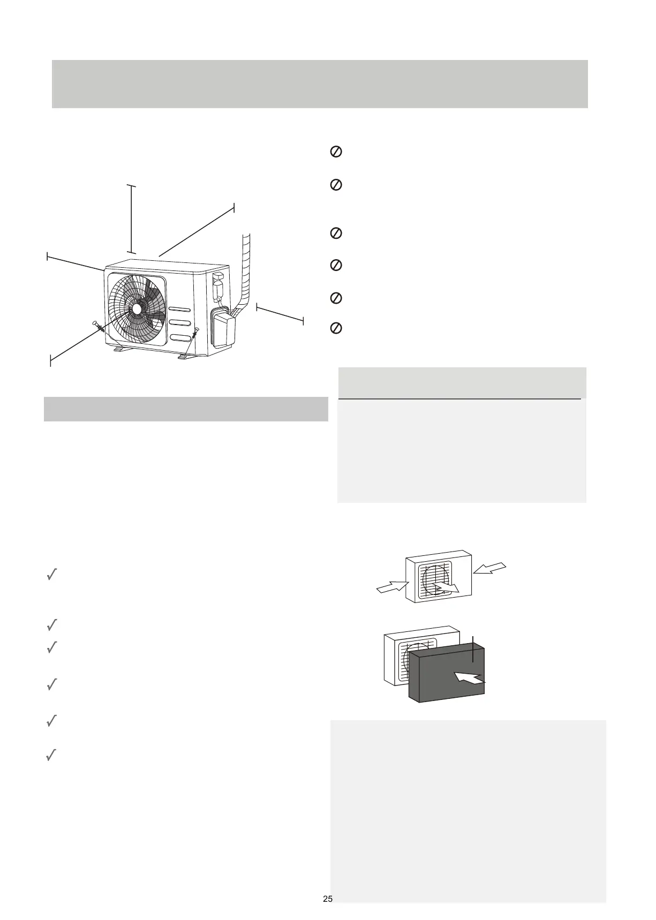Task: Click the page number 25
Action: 328,899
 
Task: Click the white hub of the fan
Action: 137,309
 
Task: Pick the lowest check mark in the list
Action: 52,756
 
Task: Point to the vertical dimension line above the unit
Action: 131,219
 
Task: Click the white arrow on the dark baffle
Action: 470,678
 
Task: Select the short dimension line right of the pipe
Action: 280,314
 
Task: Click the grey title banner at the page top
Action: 320,84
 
